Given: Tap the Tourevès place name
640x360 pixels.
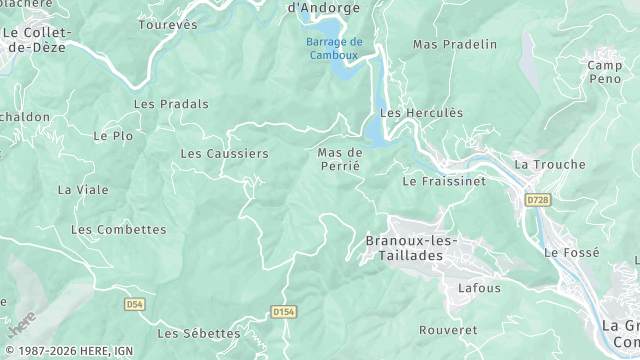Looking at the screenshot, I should pyautogui.click(x=168, y=25).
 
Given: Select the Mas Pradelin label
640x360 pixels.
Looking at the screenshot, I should pyautogui.click(x=455, y=44).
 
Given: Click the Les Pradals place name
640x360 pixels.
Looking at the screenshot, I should pyautogui.click(x=171, y=104).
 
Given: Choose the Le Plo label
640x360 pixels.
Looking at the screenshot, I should pyautogui.click(x=113, y=136).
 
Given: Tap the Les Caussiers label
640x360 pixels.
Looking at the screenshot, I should pyautogui.click(x=224, y=154).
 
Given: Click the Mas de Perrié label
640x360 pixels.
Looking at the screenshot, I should pyautogui.click(x=339, y=160).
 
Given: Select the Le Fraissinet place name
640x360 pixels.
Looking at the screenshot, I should pyautogui.click(x=444, y=182).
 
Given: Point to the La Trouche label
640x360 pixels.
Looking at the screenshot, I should pyautogui.click(x=542, y=164).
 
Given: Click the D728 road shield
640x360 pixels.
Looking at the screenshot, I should pyautogui.click(x=538, y=201).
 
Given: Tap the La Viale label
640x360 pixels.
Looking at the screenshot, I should pyautogui.click(x=77, y=189).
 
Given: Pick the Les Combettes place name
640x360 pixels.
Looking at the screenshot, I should pyautogui.click(x=119, y=230).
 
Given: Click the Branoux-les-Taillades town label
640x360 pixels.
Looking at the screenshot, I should pyautogui.click(x=411, y=248).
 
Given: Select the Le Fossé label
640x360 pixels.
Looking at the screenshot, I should pyautogui.click(x=572, y=254).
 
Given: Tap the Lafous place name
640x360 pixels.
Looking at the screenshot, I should pyautogui.click(x=479, y=288).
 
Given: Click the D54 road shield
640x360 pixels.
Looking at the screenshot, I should pyautogui.click(x=136, y=303).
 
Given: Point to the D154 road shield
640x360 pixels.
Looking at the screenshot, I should pyautogui.click(x=284, y=312).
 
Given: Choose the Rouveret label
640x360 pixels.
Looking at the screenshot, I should pyautogui.click(x=448, y=330).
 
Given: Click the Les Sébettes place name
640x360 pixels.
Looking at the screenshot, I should pyautogui.click(x=199, y=334).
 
